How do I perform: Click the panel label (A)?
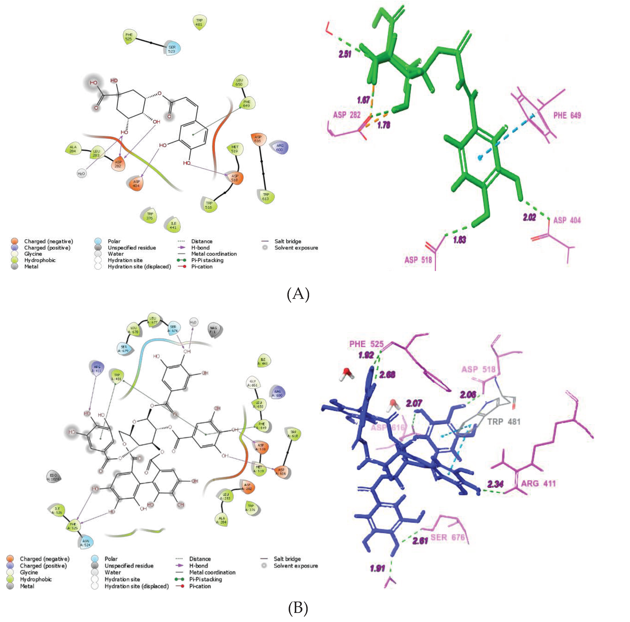tap(298, 294)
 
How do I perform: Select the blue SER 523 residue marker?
tap(172, 49)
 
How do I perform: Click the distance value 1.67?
tap(363, 100)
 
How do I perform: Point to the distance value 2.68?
tap(387, 375)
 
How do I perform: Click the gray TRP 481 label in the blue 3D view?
tap(504, 422)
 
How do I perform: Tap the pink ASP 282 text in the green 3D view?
tap(347, 115)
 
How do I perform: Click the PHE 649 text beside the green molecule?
tap(567, 115)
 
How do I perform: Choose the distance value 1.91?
tap(377, 569)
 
